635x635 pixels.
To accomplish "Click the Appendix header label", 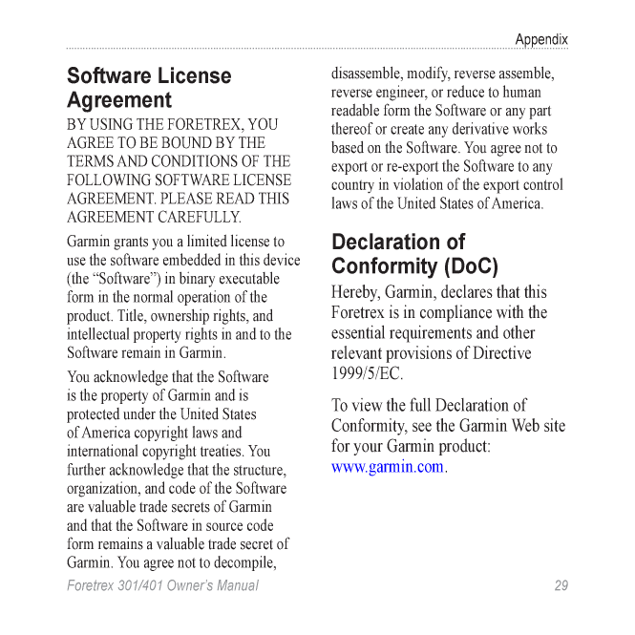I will point(540,40).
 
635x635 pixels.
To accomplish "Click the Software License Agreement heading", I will point(148,88).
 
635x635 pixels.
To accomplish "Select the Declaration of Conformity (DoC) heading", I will point(414,254).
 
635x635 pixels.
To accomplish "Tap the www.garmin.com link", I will point(388,467).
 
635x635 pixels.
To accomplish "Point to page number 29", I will point(561,585).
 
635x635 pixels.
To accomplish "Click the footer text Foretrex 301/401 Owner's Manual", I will point(162,585).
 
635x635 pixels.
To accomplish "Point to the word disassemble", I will point(366,74).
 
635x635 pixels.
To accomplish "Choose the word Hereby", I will point(358,292).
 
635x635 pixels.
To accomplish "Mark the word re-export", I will point(393,166).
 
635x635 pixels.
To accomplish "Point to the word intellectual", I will point(101,334).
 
